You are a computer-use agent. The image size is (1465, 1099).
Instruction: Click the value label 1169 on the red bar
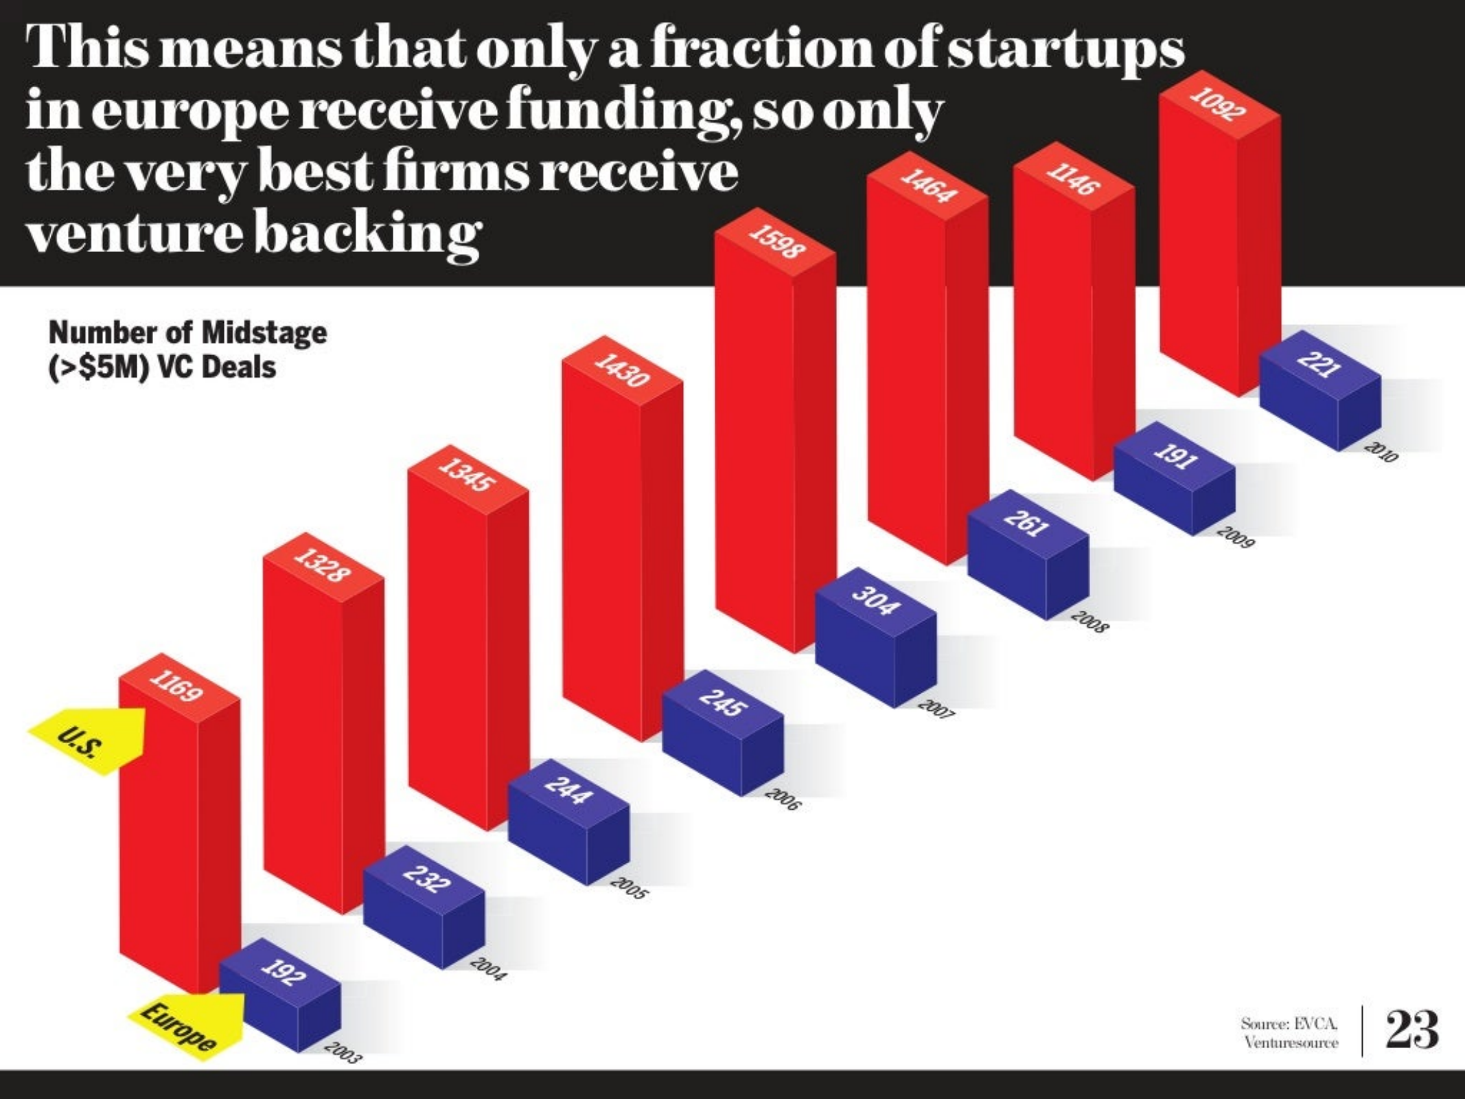pos(178,688)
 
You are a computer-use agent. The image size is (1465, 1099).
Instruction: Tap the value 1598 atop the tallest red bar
pos(776,242)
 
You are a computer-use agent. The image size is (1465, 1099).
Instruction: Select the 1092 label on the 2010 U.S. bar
pos(1218,104)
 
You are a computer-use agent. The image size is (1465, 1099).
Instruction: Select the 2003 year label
pos(341,1053)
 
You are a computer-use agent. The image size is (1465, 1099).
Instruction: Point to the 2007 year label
pos(936,710)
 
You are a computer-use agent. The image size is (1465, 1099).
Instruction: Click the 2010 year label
pos(1381,453)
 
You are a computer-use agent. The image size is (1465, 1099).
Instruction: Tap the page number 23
pos(1411,1030)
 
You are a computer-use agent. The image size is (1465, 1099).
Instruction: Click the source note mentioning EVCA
pos(1290,1032)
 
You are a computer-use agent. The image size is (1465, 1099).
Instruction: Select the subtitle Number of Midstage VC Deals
pos(187,350)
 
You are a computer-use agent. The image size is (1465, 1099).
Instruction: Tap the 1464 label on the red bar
pos(927,186)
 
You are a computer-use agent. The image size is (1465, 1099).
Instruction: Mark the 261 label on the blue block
pos(1026,523)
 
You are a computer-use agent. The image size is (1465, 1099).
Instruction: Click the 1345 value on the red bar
pos(467,475)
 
